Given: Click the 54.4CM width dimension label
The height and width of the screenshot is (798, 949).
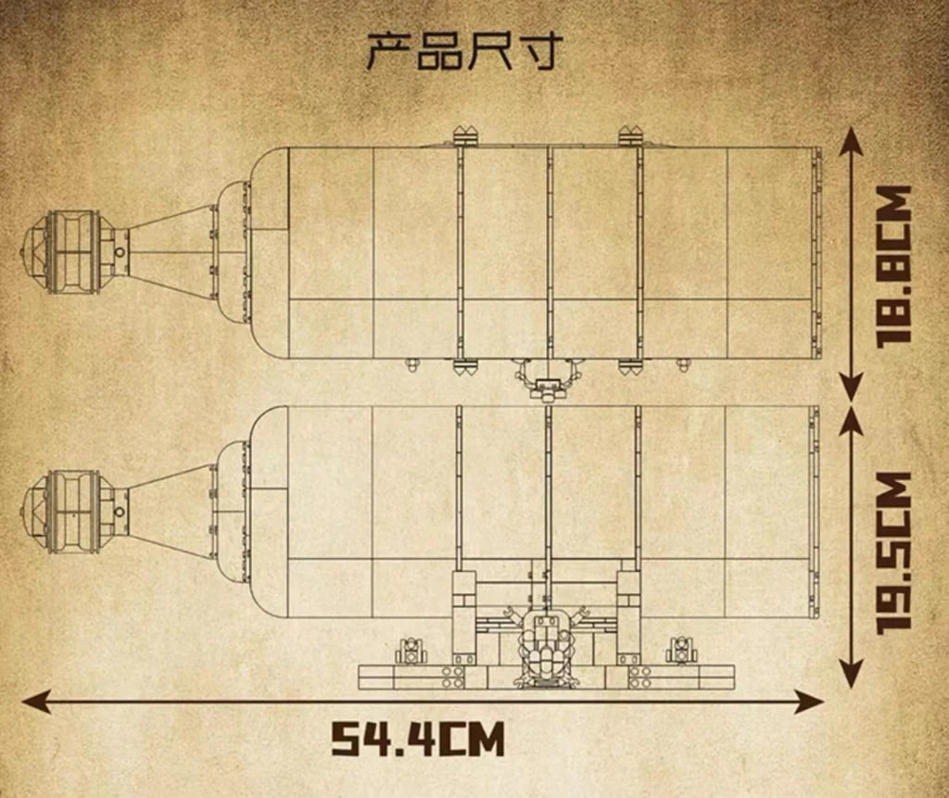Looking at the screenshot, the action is (x=418, y=738).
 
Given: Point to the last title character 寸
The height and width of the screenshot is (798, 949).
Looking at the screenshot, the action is (x=540, y=51).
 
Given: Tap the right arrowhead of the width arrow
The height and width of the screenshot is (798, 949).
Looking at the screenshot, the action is (x=810, y=701).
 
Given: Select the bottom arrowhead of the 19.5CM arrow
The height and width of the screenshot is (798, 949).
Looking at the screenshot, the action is (x=852, y=673).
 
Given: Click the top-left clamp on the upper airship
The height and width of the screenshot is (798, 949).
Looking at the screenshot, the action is (x=465, y=135).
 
